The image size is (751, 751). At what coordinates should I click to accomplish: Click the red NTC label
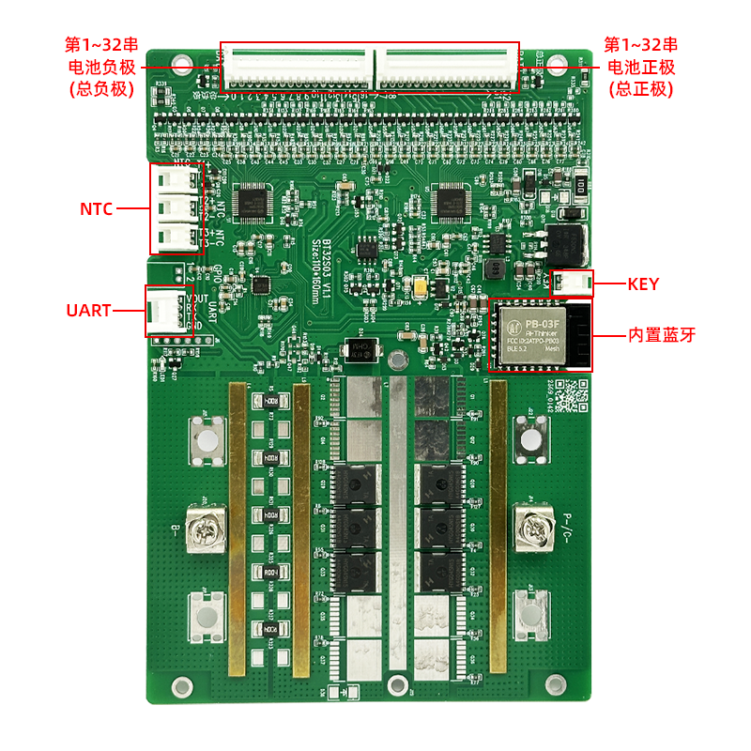tap(95, 209)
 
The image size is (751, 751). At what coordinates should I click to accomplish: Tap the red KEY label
tap(643, 284)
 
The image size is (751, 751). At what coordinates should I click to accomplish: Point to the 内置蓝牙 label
tap(662, 335)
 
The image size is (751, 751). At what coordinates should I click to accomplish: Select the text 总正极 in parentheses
tap(641, 89)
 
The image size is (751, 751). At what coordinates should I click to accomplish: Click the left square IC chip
tap(253, 199)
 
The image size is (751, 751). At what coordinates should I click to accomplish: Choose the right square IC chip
tap(453, 199)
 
